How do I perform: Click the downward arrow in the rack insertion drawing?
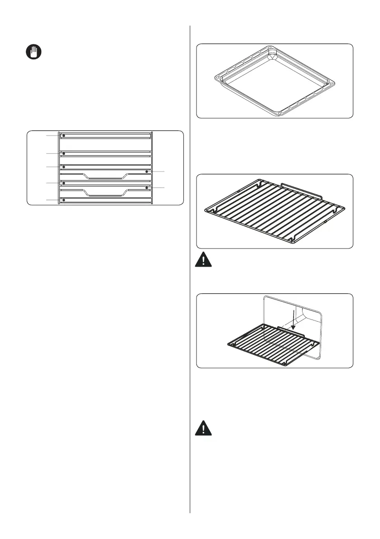pos(293,320)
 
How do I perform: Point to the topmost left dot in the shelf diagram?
pos(64,135)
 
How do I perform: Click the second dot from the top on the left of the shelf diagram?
pos(64,154)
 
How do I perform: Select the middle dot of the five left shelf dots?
pos(64,167)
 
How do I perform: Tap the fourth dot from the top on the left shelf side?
pos(64,183)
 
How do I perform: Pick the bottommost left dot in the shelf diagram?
pos(64,200)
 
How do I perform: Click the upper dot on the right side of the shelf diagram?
pos(147,172)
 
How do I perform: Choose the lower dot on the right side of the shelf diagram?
pos(147,187)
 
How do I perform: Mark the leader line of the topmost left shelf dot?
pos(53,135)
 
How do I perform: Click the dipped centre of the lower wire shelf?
pos(105,195)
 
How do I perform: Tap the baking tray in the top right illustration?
pos(274,81)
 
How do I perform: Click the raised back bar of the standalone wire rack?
pos(301,189)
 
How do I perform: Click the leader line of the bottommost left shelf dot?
pos(53,200)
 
